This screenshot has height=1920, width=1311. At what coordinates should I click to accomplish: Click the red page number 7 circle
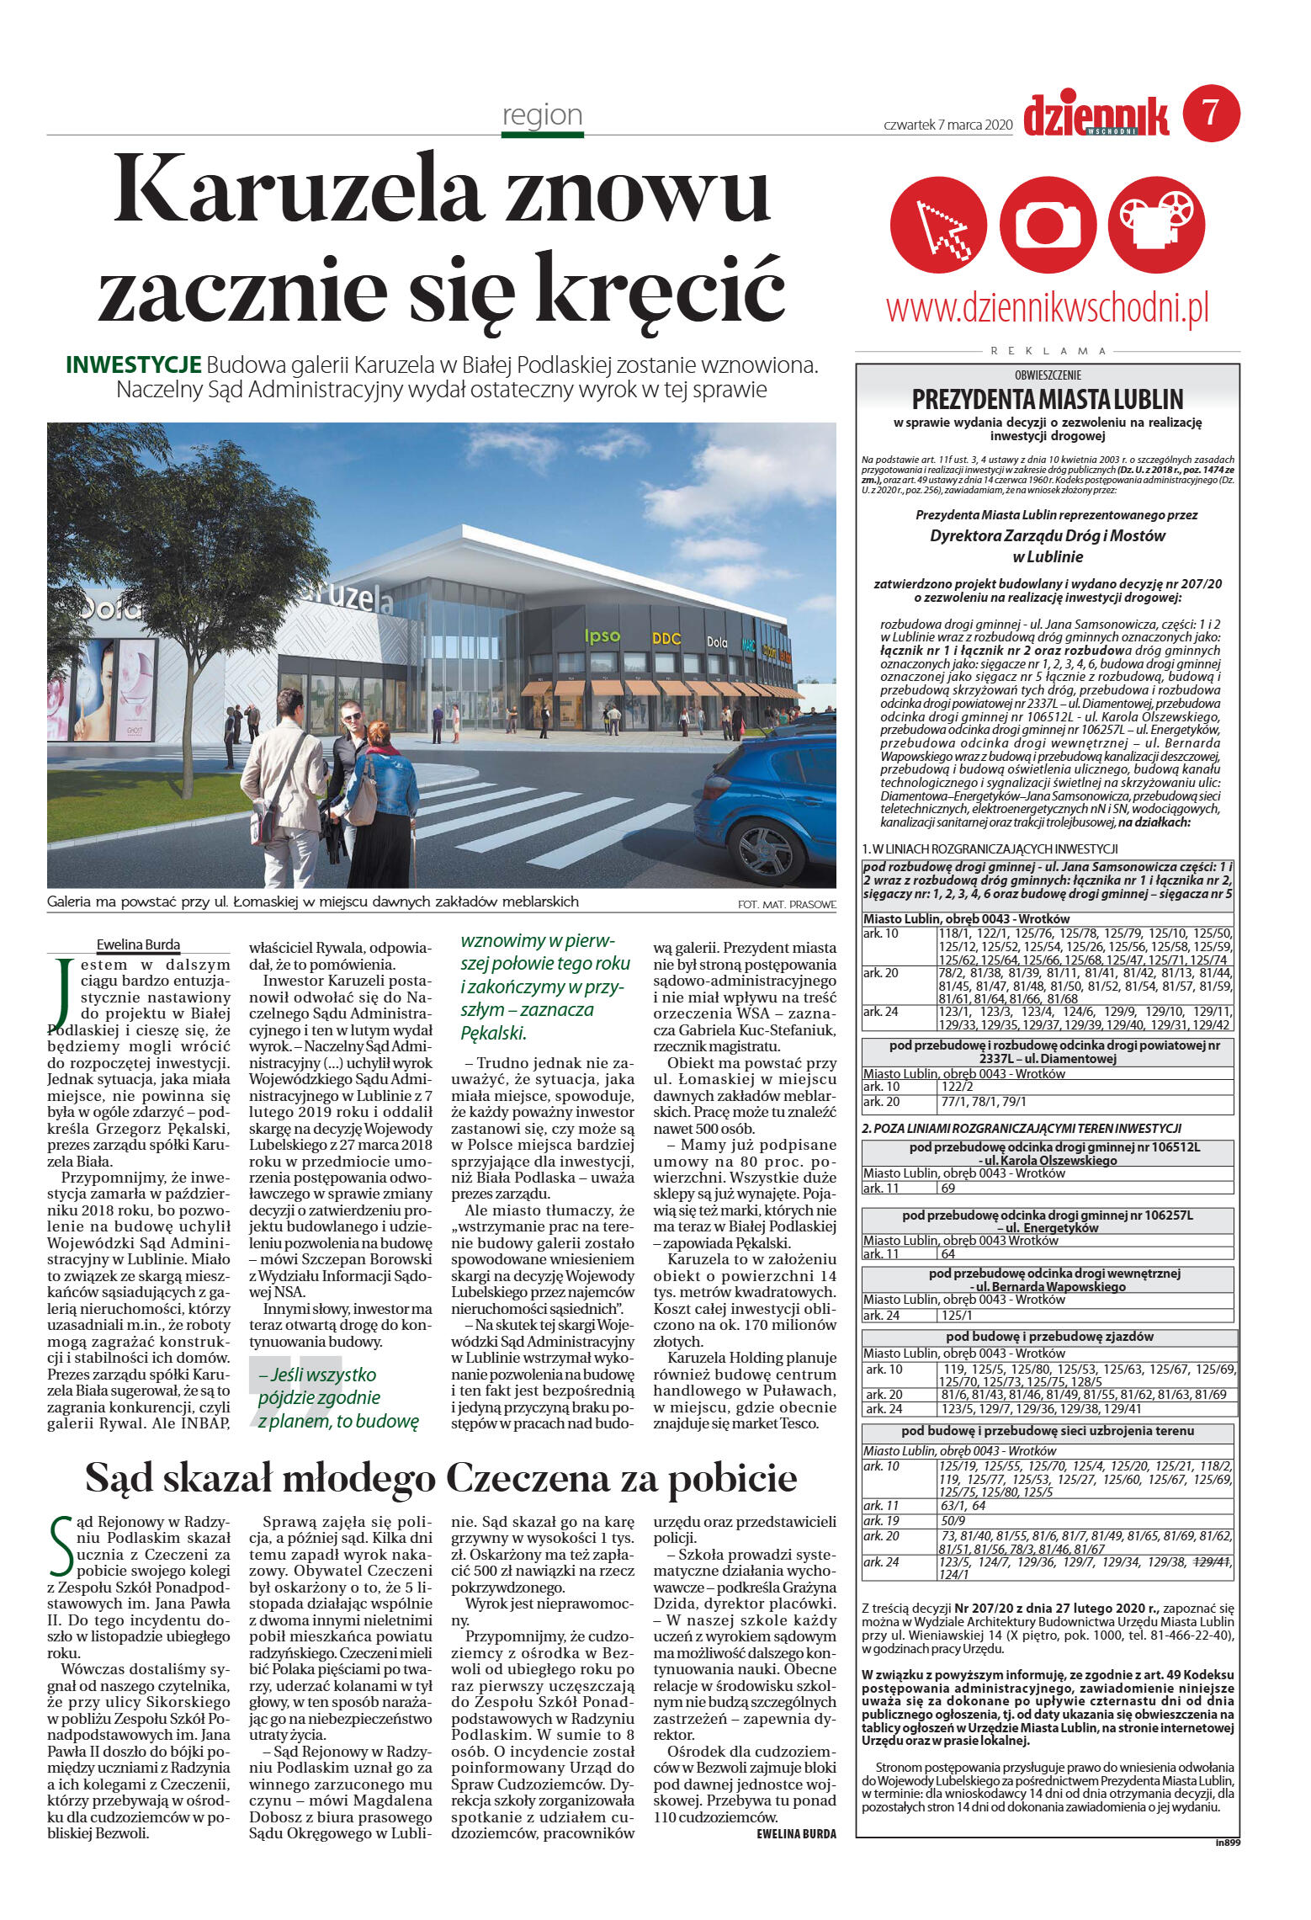(1211, 113)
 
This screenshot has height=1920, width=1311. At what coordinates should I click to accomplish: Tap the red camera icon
(1048, 225)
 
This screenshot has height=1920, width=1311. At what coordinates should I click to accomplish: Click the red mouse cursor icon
(938, 225)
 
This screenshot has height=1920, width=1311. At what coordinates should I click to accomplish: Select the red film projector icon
(1157, 225)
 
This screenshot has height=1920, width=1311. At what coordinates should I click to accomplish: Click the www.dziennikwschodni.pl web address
(1047, 308)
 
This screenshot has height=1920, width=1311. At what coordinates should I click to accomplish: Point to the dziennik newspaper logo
(1096, 115)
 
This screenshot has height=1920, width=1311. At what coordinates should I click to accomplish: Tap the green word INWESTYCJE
(133, 365)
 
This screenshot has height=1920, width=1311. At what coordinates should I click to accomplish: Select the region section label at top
(542, 114)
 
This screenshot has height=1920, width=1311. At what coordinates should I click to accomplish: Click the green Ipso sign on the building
(602, 636)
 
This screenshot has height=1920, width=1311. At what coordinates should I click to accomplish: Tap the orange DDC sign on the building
(666, 639)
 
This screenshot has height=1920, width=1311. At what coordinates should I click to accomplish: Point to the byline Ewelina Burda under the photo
(138, 944)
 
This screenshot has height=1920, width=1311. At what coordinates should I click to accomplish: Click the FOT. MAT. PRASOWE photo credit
(786, 905)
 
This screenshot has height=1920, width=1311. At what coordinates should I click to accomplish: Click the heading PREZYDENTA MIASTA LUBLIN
(1047, 399)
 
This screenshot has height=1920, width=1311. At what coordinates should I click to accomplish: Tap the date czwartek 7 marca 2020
(947, 125)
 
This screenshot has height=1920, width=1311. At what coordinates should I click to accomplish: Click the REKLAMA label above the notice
(1048, 351)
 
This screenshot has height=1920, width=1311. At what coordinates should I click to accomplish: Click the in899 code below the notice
(1227, 1843)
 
